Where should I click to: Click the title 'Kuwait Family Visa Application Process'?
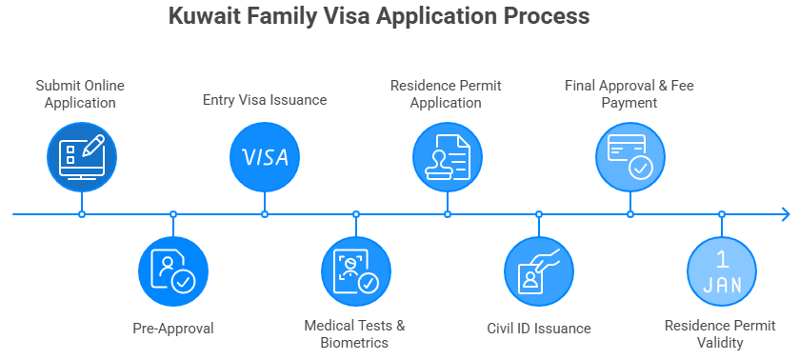click(378, 17)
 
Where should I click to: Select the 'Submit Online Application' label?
click(80, 93)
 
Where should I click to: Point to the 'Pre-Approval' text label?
click(173, 329)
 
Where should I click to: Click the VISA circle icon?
click(265, 156)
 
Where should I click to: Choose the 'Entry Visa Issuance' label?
click(265, 100)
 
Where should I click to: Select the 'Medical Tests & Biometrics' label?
click(355, 333)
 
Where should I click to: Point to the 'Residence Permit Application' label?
click(446, 93)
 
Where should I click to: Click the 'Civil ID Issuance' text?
click(539, 329)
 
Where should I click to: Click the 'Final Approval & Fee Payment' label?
click(629, 93)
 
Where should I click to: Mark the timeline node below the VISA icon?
click(265, 214)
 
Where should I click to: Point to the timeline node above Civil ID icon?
click(539, 214)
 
